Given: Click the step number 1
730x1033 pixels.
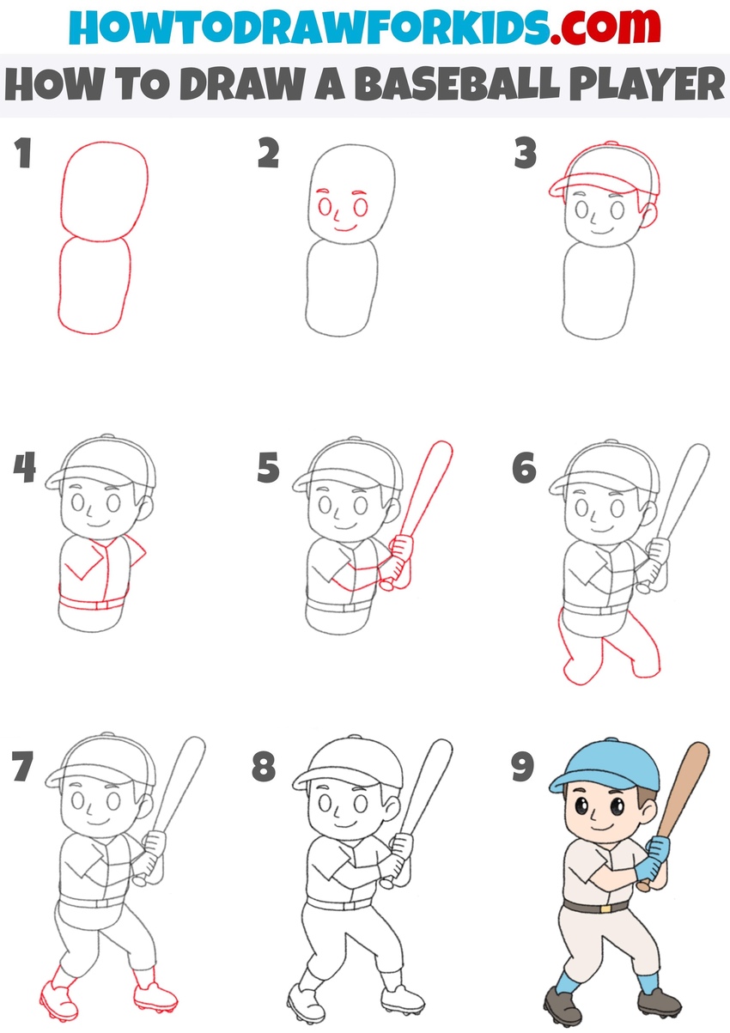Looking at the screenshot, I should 23,155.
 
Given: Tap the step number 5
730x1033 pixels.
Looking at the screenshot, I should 269,469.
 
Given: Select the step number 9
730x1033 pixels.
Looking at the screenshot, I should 523,768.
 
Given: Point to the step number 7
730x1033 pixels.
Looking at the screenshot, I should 24,768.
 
